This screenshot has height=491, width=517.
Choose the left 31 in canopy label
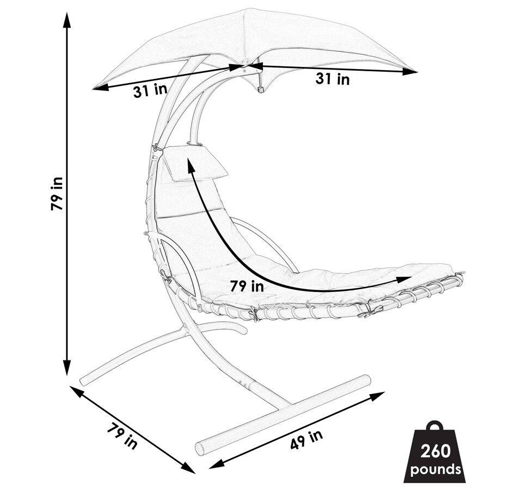point(150,91)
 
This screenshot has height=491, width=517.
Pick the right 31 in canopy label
point(333,79)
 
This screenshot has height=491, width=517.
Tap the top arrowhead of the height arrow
point(67,21)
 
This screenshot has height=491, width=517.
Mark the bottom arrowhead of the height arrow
point(67,367)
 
